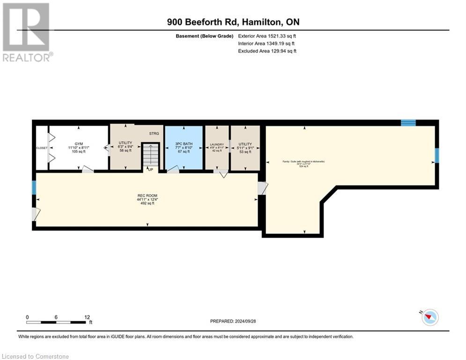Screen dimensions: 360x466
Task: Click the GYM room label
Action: pyautogui.click(x=78, y=144)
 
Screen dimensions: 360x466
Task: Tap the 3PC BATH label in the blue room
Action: pyautogui.click(x=183, y=144)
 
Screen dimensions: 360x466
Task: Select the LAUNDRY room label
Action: pyautogui.click(x=216, y=144)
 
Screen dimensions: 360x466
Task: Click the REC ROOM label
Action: pyautogui.click(x=147, y=195)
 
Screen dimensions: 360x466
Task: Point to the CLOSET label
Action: pyautogui.click(x=42, y=148)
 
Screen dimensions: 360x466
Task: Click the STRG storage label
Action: pyautogui.click(x=154, y=134)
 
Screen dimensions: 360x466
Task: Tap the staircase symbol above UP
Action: pyautogui.click(x=150, y=155)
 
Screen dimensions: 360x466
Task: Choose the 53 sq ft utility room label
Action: pyautogui.click(x=245, y=144)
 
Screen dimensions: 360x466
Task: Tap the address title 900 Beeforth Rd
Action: pyautogui.click(x=233, y=22)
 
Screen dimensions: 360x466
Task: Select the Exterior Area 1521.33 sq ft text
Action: pyautogui.click(x=267, y=36)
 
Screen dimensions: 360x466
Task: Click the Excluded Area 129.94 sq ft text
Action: pyautogui.click(x=267, y=51)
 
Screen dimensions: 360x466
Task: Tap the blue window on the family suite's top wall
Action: pyautogui.click(x=408, y=123)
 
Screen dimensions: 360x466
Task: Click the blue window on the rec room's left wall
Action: pyautogui.click(x=34, y=187)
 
